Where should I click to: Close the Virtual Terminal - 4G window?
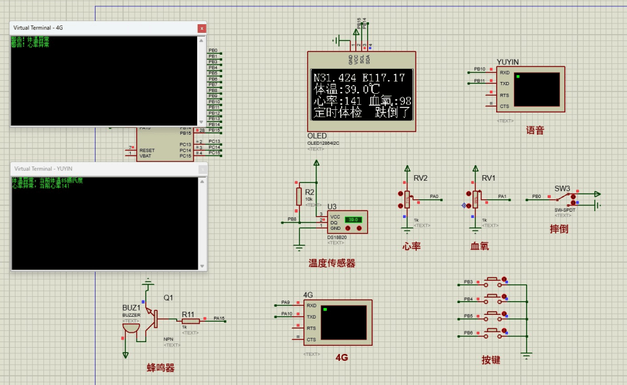(x=201, y=28)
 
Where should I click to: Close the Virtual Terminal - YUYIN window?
(x=202, y=168)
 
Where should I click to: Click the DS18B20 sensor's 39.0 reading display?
(x=354, y=220)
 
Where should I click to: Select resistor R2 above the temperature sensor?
(x=299, y=196)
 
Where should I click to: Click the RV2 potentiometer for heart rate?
(x=407, y=199)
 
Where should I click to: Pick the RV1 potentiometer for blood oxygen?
(x=476, y=199)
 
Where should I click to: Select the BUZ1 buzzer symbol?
(x=131, y=327)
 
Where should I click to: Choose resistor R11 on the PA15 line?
(x=190, y=320)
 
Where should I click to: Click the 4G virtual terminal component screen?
(x=345, y=322)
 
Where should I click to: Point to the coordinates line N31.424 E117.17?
(x=359, y=78)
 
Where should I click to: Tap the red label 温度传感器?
(x=332, y=263)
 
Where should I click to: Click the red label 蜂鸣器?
(x=161, y=368)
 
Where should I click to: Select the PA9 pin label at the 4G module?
(x=285, y=302)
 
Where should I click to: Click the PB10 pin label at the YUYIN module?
(x=479, y=69)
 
